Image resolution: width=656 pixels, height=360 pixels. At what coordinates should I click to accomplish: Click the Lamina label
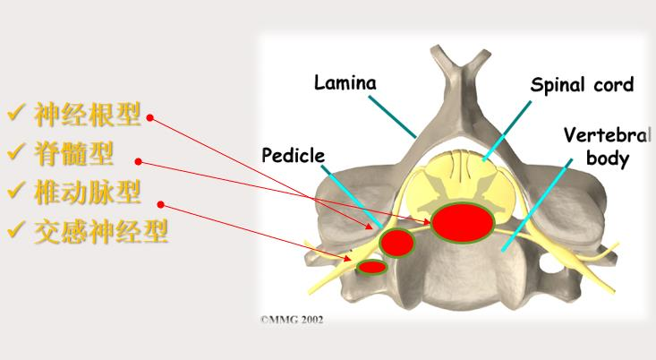[x=345, y=82]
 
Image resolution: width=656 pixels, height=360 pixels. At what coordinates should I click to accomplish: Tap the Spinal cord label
[x=582, y=85]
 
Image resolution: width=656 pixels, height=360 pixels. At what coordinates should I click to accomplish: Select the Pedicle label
[x=293, y=155]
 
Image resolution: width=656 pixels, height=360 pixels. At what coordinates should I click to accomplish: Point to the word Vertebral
[x=607, y=135]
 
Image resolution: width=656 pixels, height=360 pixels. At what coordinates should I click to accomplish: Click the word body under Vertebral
[x=608, y=159]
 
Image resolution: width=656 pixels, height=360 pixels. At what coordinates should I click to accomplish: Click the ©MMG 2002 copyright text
[x=292, y=320]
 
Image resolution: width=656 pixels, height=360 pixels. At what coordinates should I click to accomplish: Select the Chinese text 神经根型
[x=87, y=115]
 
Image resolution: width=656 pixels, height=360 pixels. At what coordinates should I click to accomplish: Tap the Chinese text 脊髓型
[x=73, y=154]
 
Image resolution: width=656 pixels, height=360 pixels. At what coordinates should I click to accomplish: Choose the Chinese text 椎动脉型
[x=87, y=193]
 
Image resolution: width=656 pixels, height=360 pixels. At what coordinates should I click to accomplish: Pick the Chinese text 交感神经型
[x=100, y=231]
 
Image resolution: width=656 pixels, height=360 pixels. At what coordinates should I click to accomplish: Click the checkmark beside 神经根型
[x=17, y=112]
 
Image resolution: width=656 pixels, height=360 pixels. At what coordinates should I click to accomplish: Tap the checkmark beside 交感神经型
[x=17, y=229]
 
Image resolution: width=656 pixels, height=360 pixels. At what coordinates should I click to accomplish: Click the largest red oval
[x=463, y=223]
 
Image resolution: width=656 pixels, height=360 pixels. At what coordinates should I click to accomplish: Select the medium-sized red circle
[x=397, y=243]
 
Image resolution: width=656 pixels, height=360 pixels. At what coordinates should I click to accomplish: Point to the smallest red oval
[x=372, y=267]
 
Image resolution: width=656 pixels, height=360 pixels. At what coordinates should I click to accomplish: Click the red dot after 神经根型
[x=150, y=118]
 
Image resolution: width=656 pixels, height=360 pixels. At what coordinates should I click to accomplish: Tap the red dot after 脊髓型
[x=139, y=161]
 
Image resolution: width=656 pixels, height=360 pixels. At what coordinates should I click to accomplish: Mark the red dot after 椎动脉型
[x=161, y=204]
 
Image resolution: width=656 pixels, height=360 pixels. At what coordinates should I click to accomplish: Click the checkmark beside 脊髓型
[x=17, y=151]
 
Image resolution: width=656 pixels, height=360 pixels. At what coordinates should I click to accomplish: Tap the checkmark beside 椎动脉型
[x=17, y=190]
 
